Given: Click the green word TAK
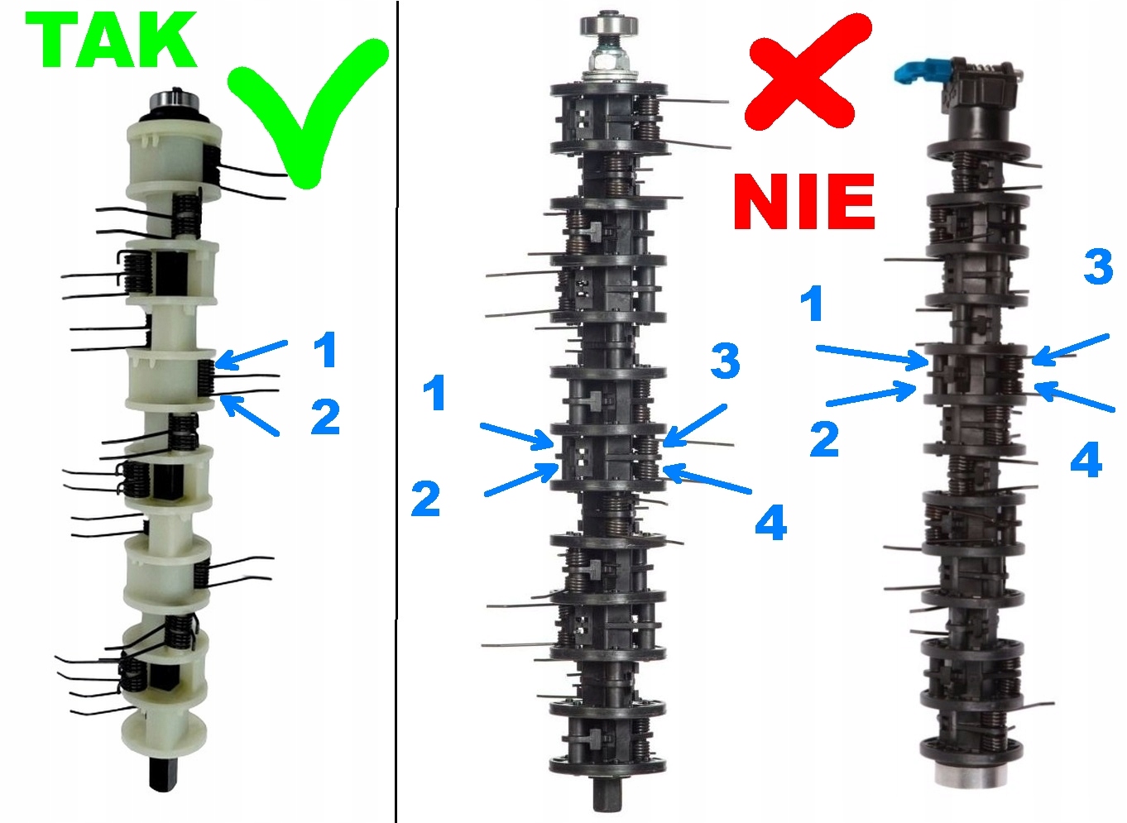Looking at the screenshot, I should (112, 41).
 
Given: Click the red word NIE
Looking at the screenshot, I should (803, 202).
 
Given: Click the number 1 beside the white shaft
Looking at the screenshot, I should (325, 350).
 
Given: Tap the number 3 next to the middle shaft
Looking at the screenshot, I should (725, 361).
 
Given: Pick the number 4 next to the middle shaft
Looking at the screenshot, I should (770, 522).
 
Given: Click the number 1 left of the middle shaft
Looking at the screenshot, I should (435, 393).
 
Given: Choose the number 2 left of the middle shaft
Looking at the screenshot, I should (425, 499).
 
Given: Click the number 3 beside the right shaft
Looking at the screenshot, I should (1098, 267).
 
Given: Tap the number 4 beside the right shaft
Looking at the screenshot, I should (1086, 460).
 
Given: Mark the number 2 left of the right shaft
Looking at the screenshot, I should (824, 439).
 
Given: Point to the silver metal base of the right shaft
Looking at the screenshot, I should (968, 773).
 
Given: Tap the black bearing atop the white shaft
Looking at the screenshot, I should (171, 104).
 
